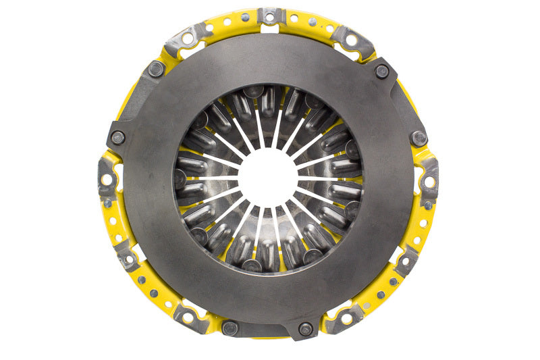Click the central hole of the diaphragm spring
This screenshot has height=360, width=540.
click(269, 178)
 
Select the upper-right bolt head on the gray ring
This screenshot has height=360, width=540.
click(382, 70)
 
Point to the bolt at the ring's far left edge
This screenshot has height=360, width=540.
click(117, 137)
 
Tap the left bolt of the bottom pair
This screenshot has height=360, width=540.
click(230, 328)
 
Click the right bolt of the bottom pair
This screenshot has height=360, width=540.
click(306, 329)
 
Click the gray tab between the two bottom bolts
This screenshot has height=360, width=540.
click(268, 332)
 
